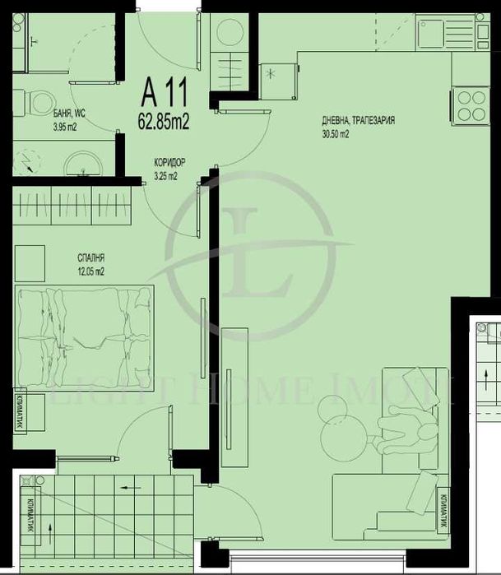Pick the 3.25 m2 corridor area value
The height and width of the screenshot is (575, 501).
pos(165,175)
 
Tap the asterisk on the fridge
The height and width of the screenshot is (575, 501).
pos(272,74)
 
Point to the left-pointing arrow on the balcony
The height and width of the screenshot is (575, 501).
pos(129,488)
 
